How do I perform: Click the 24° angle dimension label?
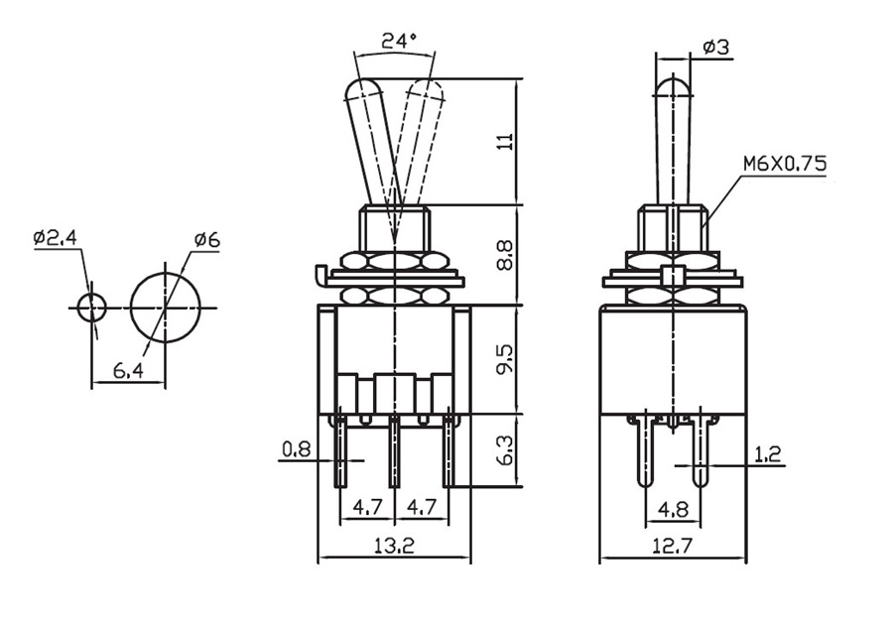(399, 41)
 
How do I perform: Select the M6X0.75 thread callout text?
(784, 165)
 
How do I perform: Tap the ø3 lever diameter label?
(715, 47)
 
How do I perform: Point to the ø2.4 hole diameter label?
(56, 237)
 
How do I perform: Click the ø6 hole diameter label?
(206, 241)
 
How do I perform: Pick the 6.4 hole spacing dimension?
(128, 371)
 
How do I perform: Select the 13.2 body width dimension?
(394, 547)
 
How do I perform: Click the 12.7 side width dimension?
(673, 547)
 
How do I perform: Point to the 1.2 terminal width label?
(767, 453)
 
